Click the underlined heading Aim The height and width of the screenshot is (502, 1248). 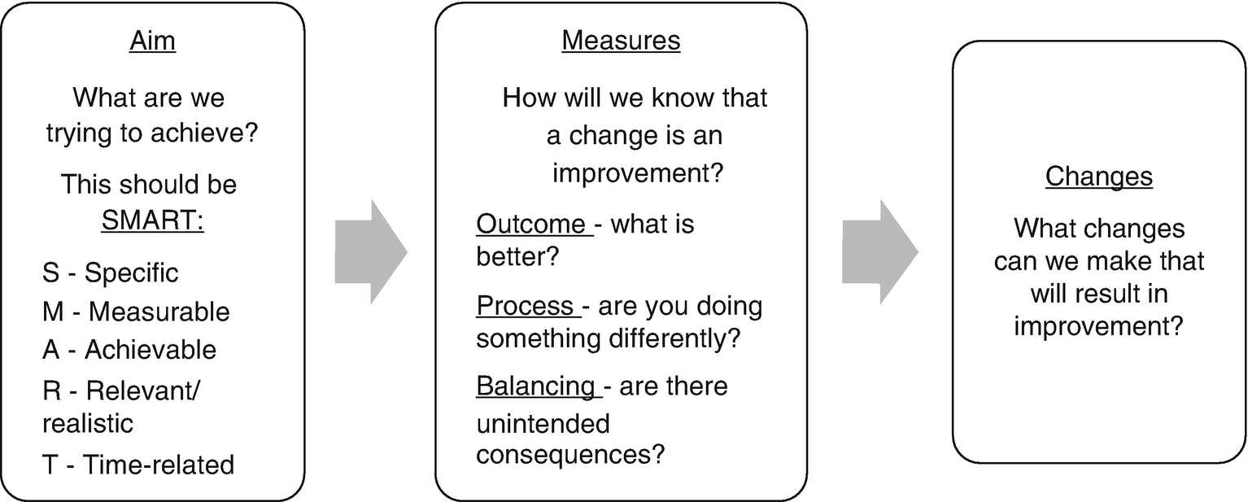coord(153,41)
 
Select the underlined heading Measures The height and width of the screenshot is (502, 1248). coord(622,40)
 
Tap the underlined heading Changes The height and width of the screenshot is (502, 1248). coord(1098,177)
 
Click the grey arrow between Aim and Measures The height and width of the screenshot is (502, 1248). coord(371,252)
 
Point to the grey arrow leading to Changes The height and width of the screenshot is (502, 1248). coord(880,252)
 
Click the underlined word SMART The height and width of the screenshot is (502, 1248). coord(153,220)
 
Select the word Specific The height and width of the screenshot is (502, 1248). coord(132,273)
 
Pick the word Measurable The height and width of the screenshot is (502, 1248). coord(159,312)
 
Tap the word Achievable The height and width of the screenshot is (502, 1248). coord(151,350)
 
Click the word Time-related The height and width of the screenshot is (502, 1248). coord(159,465)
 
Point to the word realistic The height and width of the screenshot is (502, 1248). coord(88,423)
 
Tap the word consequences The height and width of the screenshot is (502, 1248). coord(570,455)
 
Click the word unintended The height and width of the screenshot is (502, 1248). coord(543,424)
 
